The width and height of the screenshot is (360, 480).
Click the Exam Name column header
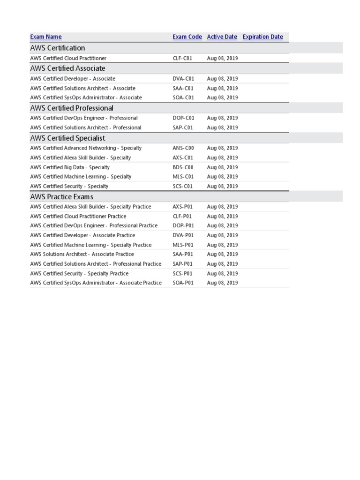pyautogui.click(x=45, y=37)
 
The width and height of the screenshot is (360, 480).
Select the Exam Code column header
pyautogui.click(x=187, y=37)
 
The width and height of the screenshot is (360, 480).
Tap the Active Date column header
pyautogui.click(x=222, y=37)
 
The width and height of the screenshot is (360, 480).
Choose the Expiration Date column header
pyautogui.click(x=262, y=37)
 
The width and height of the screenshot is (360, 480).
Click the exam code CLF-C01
pyautogui.click(x=182, y=59)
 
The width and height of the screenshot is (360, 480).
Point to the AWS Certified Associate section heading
pyautogui.click(x=67, y=68)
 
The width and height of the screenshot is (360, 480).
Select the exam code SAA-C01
pyautogui.click(x=183, y=88)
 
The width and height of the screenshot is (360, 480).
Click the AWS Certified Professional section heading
pyautogui.click(x=71, y=108)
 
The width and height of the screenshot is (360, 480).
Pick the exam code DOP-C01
pyautogui.click(x=183, y=118)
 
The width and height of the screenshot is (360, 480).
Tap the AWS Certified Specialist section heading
pyautogui.click(x=67, y=138)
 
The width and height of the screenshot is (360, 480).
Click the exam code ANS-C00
pyautogui.click(x=183, y=148)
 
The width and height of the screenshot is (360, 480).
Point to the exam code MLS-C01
pyautogui.click(x=183, y=177)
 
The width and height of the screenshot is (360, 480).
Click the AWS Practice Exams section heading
pyautogui.click(x=61, y=197)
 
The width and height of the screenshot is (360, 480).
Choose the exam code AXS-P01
pyautogui.click(x=183, y=207)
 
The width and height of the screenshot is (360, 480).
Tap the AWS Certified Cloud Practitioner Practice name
pyautogui.click(x=78, y=217)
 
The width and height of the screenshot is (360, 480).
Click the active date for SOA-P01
pyautogui.click(x=222, y=283)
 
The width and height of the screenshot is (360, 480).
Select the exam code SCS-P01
pyautogui.click(x=182, y=274)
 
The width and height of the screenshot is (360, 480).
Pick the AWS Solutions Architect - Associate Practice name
pyautogui.click(x=82, y=254)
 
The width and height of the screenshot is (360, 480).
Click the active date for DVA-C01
pyautogui.click(x=222, y=79)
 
